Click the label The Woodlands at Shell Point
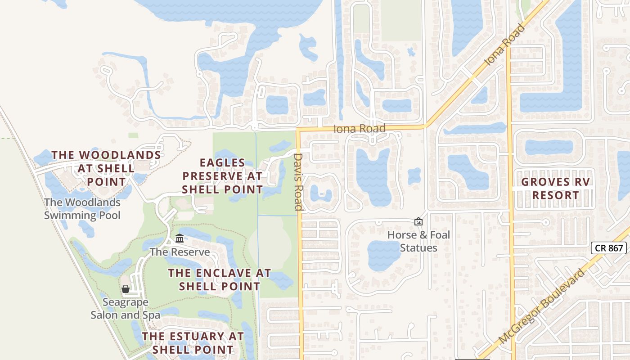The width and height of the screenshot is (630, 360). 106,168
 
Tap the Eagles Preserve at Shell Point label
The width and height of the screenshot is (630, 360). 222,176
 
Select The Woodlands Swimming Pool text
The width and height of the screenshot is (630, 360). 82,209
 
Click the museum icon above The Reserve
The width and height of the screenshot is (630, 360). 180,238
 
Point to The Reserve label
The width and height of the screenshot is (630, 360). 180,252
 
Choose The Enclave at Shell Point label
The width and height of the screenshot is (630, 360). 220,279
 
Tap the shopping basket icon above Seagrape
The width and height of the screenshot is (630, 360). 126,289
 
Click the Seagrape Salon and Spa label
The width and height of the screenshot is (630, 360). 125,309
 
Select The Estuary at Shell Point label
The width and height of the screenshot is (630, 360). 193,342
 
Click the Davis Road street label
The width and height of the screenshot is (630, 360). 298,182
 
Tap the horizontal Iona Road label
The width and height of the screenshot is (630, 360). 360,129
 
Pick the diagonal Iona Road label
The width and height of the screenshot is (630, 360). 504,45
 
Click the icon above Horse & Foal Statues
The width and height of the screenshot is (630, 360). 418,221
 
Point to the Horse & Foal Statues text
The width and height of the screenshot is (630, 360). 418,242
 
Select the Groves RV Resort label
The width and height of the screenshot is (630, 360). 555,189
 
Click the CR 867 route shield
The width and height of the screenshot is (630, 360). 608,248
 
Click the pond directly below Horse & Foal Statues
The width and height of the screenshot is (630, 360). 384,255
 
